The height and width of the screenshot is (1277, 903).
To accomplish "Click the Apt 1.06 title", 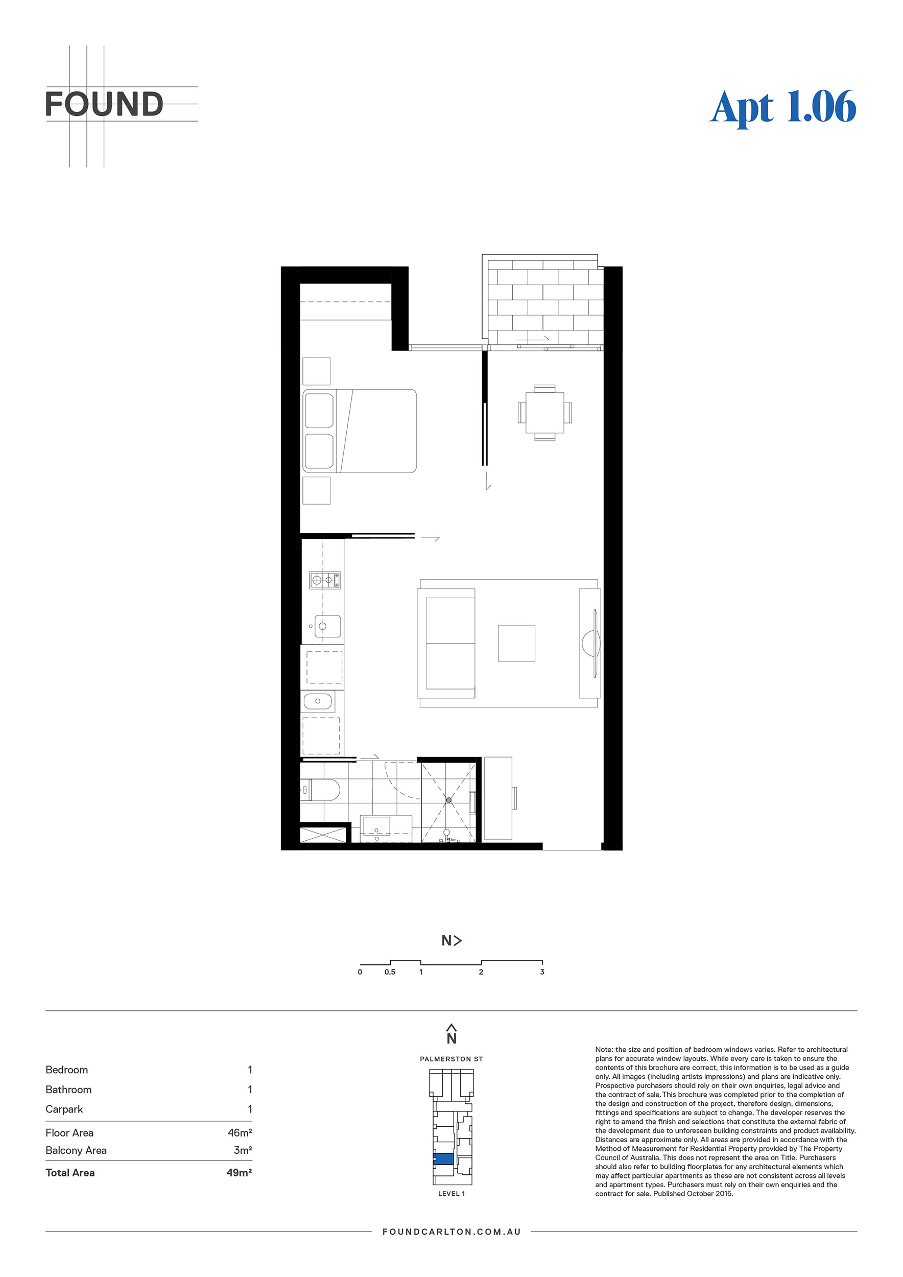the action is [783, 108].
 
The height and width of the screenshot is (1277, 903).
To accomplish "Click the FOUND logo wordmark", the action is [104, 104].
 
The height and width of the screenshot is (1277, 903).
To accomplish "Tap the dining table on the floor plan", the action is [544, 412].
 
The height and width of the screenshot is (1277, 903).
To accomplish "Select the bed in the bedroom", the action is [360, 431].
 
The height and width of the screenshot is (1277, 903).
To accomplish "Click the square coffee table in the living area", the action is [516, 643].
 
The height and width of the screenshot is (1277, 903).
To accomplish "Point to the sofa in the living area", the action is [446, 644].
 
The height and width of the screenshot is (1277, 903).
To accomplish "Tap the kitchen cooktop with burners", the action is [325, 581].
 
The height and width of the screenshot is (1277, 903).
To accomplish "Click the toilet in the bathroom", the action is [320, 790].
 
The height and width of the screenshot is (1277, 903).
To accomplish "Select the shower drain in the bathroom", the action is [449, 800].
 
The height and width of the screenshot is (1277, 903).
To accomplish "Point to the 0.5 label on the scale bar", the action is [390, 972].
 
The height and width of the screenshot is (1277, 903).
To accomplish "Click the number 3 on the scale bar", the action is [542, 972].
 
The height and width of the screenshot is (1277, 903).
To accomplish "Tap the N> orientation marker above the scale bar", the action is [451, 940].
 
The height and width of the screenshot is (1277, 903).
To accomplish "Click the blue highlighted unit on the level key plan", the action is [444, 1159].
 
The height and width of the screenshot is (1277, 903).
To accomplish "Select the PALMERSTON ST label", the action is [451, 1059].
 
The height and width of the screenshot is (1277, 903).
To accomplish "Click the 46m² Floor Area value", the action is [240, 1133].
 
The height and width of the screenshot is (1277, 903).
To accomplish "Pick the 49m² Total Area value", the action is [239, 1172].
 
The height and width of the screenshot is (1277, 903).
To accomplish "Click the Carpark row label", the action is [64, 1109].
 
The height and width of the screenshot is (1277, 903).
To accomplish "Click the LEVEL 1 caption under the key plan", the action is [451, 1194].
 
